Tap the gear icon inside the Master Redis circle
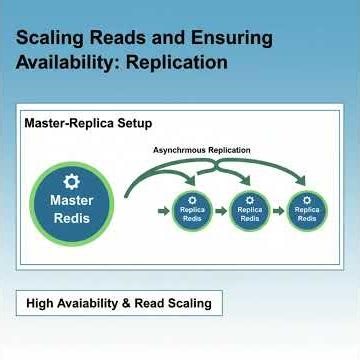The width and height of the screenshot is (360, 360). click(71, 182)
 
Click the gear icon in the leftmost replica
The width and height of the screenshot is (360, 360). click(192, 198)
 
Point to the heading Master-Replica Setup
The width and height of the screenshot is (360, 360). click(89, 123)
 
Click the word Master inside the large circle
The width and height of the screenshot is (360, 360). click(71, 201)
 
